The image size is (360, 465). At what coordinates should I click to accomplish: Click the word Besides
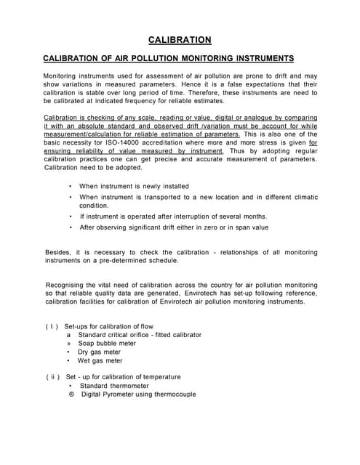(x=58, y=252)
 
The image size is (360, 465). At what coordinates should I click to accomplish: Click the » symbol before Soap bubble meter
(x=69, y=344)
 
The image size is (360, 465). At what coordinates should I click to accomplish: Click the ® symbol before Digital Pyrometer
(x=71, y=395)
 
